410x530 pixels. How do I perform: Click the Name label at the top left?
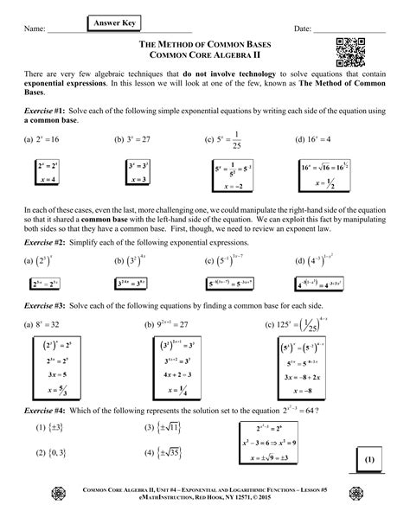(35, 29)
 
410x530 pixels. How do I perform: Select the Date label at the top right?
(303, 29)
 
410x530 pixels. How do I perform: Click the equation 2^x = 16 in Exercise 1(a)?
(46, 137)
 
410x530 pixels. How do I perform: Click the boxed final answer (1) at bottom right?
(367, 457)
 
